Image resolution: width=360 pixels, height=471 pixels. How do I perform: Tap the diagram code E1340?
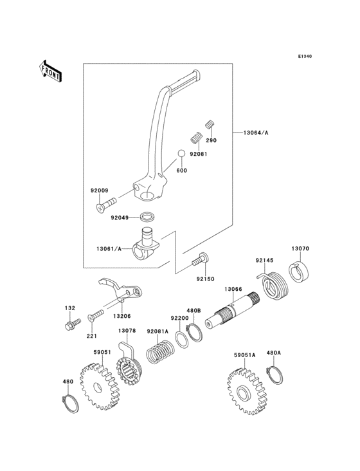305,57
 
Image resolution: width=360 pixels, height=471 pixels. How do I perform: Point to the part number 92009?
99,190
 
